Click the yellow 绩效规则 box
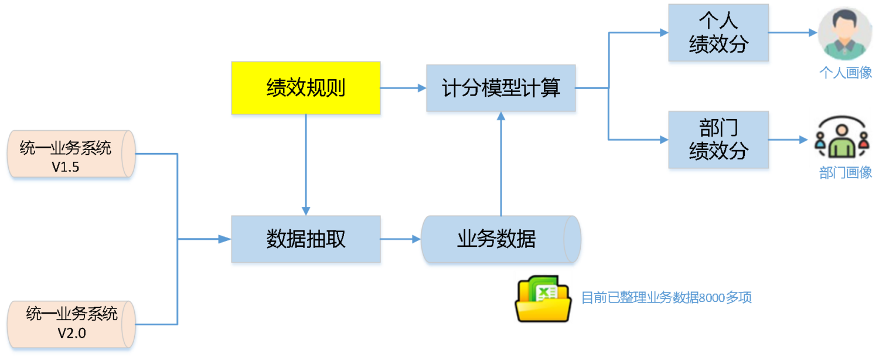(x=306, y=88)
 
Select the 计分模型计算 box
(x=500, y=88)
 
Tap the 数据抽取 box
(x=306, y=239)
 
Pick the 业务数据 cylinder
(x=500, y=239)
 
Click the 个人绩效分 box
(x=718, y=33)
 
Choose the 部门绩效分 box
(x=718, y=140)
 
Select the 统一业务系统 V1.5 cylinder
(x=71, y=154)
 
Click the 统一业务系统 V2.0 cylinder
(x=71, y=324)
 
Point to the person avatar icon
(x=844, y=34)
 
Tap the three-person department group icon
(x=841, y=137)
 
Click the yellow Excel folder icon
(x=543, y=298)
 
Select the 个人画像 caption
(x=845, y=73)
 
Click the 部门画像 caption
(x=845, y=172)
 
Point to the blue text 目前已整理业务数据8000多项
(x=666, y=298)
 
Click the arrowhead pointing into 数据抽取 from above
(x=306, y=211)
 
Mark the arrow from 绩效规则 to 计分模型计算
(x=403, y=88)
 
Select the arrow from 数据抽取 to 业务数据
(x=401, y=239)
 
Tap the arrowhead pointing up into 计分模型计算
(x=500, y=116)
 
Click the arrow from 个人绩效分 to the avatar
(x=793, y=33)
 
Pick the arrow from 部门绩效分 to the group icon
(x=788, y=140)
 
